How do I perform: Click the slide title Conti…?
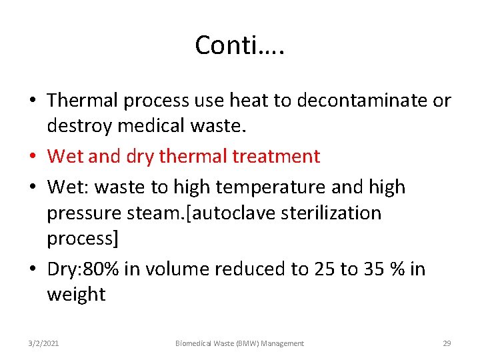click(239, 45)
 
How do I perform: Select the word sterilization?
click(333, 213)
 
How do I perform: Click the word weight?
click(76, 294)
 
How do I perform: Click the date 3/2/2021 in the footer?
click(43, 343)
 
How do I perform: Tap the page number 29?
click(447, 343)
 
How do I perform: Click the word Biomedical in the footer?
click(195, 343)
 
